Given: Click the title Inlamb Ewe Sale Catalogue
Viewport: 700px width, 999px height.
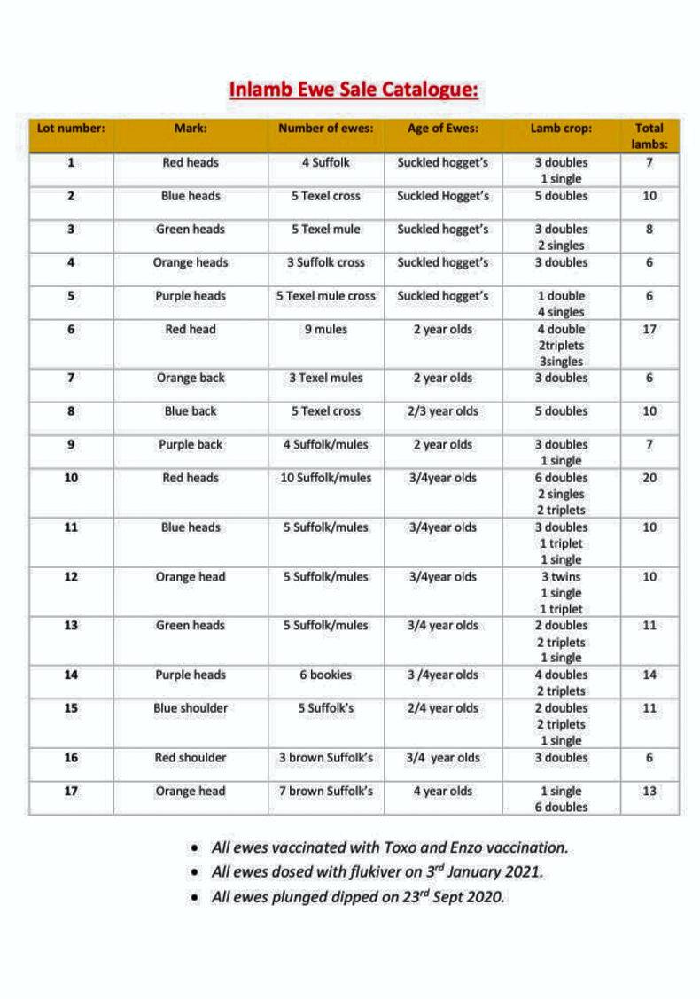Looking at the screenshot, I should click(x=354, y=90).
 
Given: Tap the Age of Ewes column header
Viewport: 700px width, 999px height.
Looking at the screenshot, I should click(x=442, y=128).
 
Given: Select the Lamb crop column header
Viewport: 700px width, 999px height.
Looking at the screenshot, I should click(x=561, y=128).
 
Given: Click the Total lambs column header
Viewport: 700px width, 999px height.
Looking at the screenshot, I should click(x=649, y=136).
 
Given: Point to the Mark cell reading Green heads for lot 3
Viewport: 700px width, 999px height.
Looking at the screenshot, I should click(x=191, y=230).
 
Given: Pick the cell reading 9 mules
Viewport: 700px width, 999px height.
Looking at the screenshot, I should click(x=326, y=330).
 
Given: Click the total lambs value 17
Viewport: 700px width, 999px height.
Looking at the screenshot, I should click(x=649, y=330).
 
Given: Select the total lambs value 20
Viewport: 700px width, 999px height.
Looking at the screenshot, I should click(x=649, y=478).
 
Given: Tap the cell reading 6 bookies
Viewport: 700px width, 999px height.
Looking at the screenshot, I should click(x=326, y=675).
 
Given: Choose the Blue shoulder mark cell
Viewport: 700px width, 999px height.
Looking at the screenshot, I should click(x=191, y=708).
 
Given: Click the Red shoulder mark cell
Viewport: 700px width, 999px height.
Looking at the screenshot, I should click(x=191, y=758).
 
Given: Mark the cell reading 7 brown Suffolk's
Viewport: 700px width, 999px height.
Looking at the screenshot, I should click(x=326, y=792).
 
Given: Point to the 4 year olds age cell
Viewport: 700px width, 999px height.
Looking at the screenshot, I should click(x=442, y=792).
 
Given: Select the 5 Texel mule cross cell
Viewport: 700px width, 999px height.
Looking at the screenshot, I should click(x=326, y=296).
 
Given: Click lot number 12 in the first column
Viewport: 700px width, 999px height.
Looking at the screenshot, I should click(x=71, y=577).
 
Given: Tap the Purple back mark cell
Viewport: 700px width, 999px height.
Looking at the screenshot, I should click(x=191, y=445).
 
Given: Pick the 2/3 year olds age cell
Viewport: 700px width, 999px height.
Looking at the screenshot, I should click(x=442, y=411).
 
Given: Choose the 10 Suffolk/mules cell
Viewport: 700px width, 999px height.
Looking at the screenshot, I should click(x=326, y=478).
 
